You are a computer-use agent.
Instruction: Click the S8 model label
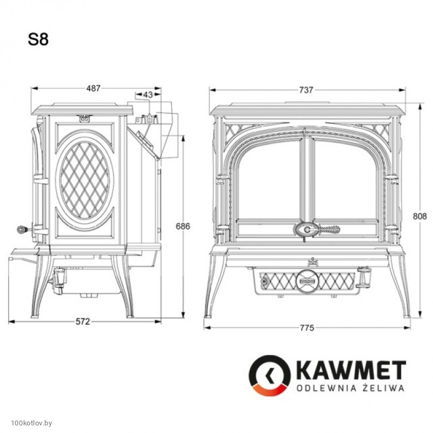tap(38, 39)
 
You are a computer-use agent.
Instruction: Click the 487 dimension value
tap(94, 88)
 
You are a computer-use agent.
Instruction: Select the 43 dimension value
tap(148, 95)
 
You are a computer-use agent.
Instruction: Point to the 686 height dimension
tap(183, 226)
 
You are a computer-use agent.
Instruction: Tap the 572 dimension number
tap(83, 322)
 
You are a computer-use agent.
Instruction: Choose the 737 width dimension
tap(307, 90)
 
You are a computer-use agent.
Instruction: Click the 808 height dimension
tap(419, 216)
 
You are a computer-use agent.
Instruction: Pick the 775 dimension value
tap(307, 328)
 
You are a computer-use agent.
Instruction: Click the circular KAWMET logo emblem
tap(270, 376)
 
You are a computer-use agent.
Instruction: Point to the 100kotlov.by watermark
tap(31, 423)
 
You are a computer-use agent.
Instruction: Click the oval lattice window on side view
tap(84, 181)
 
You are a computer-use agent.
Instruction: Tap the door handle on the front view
tap(316, 229)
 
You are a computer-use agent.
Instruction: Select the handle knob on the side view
tap(21, 229)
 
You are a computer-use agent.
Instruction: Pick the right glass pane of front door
tap(346, 179)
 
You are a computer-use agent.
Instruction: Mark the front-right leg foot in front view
tap(406, 316)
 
